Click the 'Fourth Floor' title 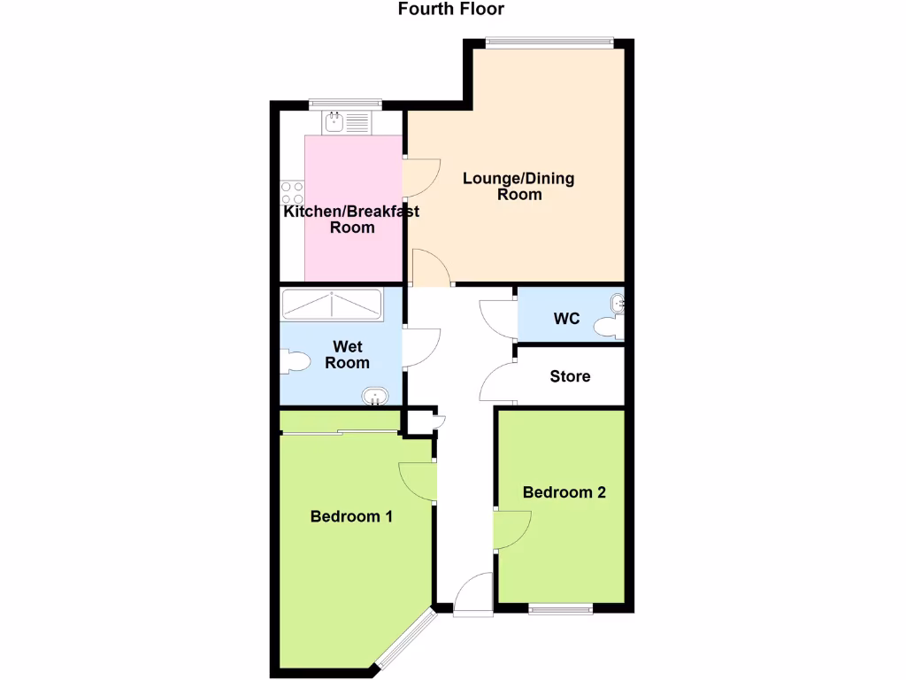(451, 10)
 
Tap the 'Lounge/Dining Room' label (518, 186)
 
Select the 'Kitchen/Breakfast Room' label (351, 219)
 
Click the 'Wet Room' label (347, 354)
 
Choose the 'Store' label (570, 376)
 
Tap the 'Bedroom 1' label (351, 516)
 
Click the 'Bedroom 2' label (564, 492)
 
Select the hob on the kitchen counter (292, 193)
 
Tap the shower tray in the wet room (332, 305)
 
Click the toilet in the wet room (294, 361)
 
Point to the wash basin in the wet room (375, 395)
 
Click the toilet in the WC (608, 328)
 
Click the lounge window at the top (549, 41)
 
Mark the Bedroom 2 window (560, 608)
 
